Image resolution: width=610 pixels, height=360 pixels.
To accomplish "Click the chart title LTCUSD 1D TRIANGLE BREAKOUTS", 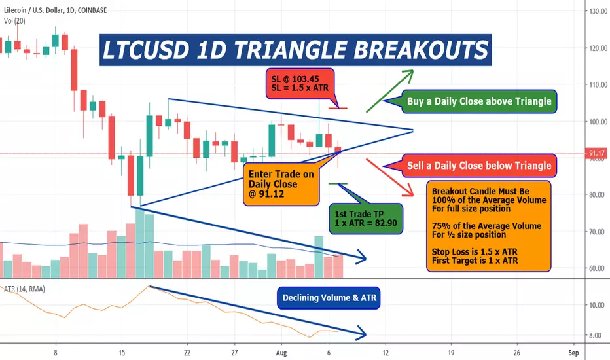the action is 295,50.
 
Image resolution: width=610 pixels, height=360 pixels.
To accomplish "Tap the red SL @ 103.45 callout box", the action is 300,83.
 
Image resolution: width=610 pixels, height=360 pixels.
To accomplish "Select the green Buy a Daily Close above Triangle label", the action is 479,101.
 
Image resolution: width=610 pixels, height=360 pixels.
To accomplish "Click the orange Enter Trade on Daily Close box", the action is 281,184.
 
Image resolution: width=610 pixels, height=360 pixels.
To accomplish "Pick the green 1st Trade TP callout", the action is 366,219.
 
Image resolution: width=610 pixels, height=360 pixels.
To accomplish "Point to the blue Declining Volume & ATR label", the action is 329,298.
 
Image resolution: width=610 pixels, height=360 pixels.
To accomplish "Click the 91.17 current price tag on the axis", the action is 596,153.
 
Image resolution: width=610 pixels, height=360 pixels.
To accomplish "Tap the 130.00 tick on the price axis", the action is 598,11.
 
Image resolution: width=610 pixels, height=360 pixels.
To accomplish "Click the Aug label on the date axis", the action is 281,353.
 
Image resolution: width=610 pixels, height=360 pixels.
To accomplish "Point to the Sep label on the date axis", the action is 573,353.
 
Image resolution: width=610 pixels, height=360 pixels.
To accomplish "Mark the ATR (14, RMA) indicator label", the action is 24,289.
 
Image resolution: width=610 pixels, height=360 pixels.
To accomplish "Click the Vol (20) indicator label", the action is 14,21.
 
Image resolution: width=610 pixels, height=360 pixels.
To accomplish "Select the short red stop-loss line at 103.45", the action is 338,108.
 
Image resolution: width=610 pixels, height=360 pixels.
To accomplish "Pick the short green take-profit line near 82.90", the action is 338,184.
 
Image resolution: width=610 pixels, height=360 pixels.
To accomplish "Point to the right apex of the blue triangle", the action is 413,130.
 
